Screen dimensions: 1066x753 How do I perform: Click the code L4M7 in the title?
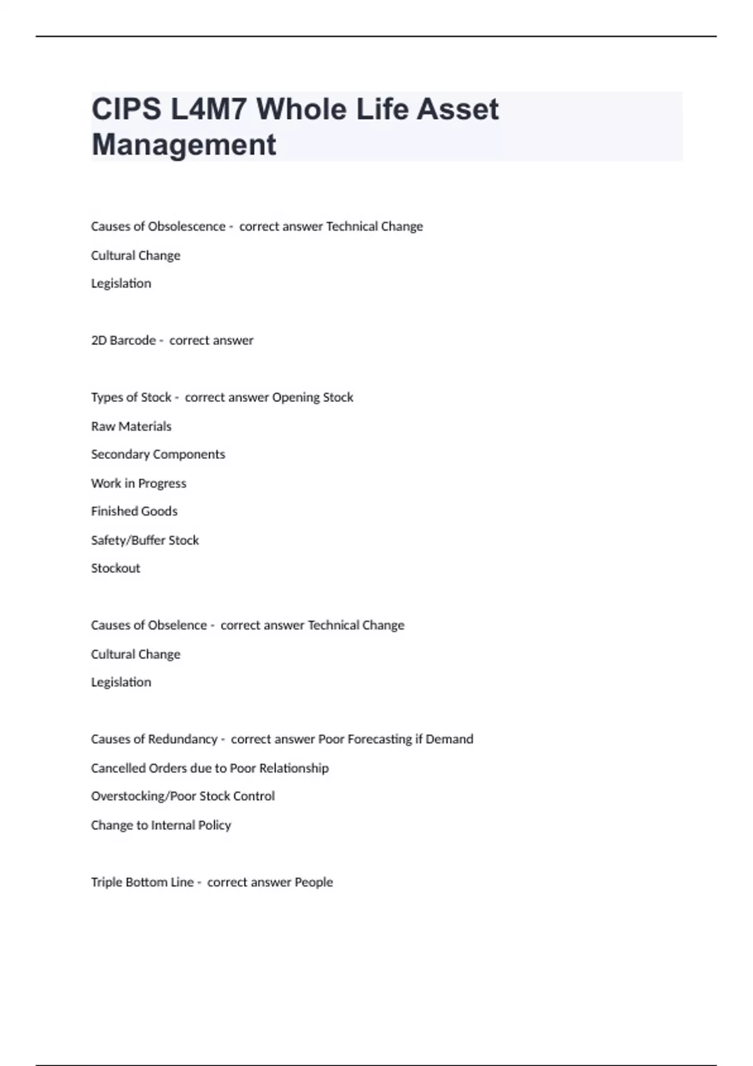click(x=209, y=110)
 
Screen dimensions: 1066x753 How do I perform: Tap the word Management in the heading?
click(x=184, y=145)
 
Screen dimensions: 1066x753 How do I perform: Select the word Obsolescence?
click(x=186, y=226)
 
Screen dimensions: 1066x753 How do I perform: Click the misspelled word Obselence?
click(x=178, y=625)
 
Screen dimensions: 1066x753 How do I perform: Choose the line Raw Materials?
click(x=131, y=426)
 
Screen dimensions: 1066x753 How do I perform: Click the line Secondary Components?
click(x=158, y=454)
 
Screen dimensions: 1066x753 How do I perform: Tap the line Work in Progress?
click(x=139, y=483)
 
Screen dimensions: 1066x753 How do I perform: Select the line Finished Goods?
click(x=134, y=511)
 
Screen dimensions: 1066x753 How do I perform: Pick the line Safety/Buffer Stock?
click(x=145, y=540)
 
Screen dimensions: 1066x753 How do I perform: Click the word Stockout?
click(x=115, y=568)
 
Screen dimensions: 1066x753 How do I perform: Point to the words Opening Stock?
click(x=312, y=398)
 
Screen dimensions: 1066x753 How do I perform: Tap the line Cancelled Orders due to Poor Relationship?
click(x=210, y=768)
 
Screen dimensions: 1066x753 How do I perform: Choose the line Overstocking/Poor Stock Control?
click(x=183, y=796)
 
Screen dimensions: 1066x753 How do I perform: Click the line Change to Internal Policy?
click(x=161, y=825)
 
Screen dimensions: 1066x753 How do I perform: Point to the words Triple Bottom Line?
click(x=142, y=882)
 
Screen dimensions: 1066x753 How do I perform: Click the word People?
click(x=314, y=882)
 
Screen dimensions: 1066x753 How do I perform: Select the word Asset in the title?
click(x=457, y=110)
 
